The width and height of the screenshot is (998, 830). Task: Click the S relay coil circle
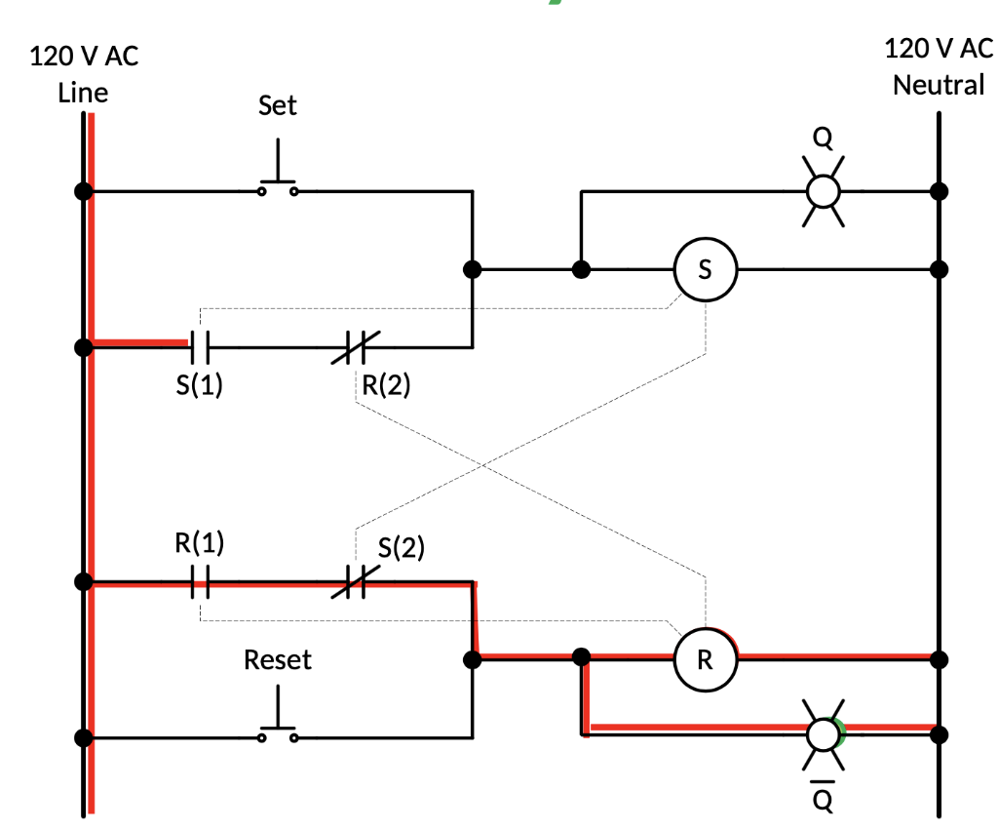point(705,270)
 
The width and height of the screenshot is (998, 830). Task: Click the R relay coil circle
point(705,659)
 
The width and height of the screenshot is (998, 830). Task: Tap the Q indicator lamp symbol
point(824,190)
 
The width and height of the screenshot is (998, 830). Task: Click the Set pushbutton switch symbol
point(279,180)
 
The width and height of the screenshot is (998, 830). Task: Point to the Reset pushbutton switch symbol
point(279,727)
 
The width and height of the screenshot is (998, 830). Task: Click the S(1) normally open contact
point(200,344)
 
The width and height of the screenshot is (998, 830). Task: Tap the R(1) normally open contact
point(200,583)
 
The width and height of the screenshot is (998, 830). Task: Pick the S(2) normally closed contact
point(355,583)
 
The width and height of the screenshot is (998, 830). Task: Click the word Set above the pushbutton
point(278,105)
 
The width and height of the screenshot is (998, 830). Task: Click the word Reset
point(278,660)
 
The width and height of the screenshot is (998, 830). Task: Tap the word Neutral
point(939,85)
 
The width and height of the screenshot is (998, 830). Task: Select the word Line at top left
point(83,93)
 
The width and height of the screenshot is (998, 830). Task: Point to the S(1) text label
point(200,385)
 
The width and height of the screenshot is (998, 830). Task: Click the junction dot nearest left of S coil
point(581,269)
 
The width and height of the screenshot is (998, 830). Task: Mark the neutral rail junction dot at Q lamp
point(939,190)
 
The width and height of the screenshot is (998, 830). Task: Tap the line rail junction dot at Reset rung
point(84,736)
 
